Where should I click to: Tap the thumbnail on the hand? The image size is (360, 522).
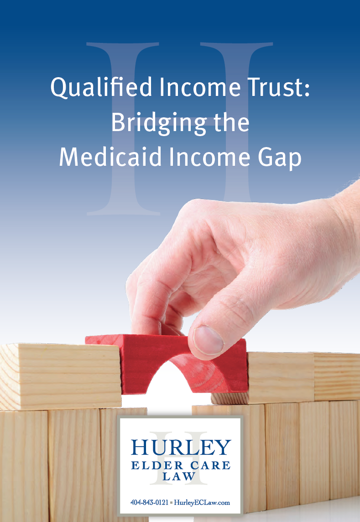tap(208, 340)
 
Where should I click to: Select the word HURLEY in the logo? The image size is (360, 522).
tap(181, 447)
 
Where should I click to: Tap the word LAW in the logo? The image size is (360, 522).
tap(179, 476)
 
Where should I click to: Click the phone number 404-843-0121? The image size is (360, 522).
tap(149, 502)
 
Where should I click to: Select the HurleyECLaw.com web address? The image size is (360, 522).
tap(202, 503)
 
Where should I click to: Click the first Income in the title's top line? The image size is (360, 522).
tap(200, 87)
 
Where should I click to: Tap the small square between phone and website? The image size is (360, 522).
tap(172, 503)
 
